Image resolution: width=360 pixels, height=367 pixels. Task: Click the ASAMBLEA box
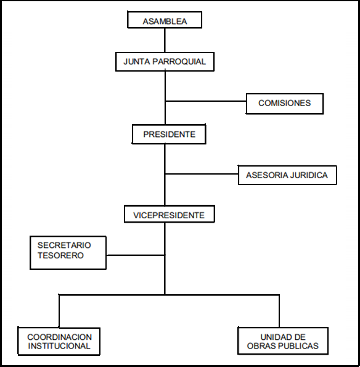coord(165,20)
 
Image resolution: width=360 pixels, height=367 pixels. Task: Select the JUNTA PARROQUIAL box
coord(165,62)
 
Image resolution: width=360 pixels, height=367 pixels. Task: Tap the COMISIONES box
coord(285,104)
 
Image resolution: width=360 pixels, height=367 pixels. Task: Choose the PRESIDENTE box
coord(169,134)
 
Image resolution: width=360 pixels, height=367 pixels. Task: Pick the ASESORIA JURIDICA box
coord(287,175)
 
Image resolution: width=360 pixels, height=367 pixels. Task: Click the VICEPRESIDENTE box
coord(170,214)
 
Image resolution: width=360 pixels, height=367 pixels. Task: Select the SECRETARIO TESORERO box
coord(68,253)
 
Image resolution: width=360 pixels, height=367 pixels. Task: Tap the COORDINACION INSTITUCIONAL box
coord(59,341)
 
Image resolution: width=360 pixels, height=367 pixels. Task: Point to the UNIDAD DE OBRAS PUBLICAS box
coord(283,340)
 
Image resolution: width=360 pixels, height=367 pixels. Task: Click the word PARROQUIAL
coord(179,62)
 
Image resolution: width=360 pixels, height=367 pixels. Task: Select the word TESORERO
coord(60,255)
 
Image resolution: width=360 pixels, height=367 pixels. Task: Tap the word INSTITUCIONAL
coord(59,346)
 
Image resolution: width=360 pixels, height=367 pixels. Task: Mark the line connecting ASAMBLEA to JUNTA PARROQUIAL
coord(165,40)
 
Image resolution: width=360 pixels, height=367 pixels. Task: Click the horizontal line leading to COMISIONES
coord(206,101)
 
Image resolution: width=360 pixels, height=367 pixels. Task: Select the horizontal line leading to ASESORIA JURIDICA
coord(202,174)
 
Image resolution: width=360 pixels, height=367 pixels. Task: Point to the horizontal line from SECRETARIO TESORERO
coord(136,255)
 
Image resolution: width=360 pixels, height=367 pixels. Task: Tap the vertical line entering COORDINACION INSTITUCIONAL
coord(59,311)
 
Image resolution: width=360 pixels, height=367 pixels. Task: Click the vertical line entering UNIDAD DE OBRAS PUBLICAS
coord(279,311)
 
